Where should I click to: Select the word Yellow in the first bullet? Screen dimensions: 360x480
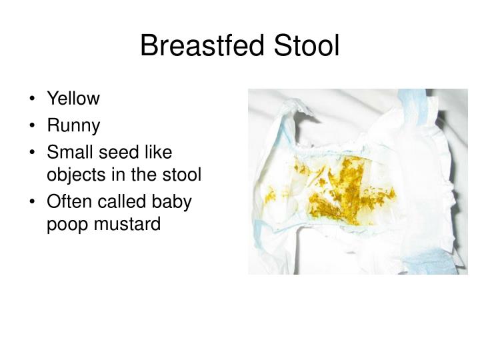pyautogui.click(x=73, y=99)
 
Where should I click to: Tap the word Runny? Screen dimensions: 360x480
pyautogui.click(x=73, y=125)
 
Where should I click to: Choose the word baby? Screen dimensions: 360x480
pyautogui.click(x=174, y=201)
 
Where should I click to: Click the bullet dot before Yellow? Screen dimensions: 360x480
pyautogui.click(x=34, y=99)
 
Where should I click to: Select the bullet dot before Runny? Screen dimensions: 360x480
pyautogui.click(x=34, y=126)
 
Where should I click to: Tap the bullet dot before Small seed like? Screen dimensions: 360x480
pyautogui.click(x=34, y=153)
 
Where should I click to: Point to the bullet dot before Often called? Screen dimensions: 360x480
pyautogui.click(x=34, y=202)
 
